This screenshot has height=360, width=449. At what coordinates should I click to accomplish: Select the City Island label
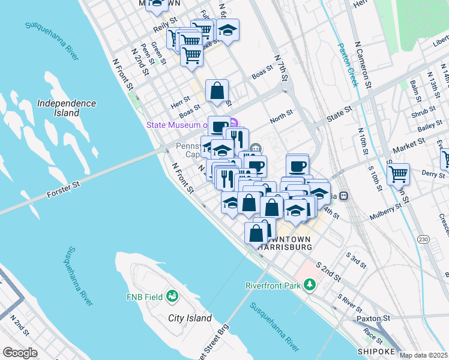pyautogui.click(x=190, y=318)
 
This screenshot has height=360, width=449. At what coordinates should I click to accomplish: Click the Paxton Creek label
pyautogui.click(x=348, y=65)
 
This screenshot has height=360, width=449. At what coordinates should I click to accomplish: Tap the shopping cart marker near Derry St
pyautogui.click(x=397, y=174)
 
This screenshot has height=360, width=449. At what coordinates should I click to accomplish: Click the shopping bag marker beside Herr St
pyautogui.click(x=217, y=91)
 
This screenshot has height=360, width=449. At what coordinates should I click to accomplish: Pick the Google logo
pyautogui.click(x=20, y=353)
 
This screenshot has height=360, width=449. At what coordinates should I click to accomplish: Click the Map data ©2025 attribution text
pyautogui.click(x=424, y=355)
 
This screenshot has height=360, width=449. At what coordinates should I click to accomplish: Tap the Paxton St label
pyautogui.click(x=373, y=317)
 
